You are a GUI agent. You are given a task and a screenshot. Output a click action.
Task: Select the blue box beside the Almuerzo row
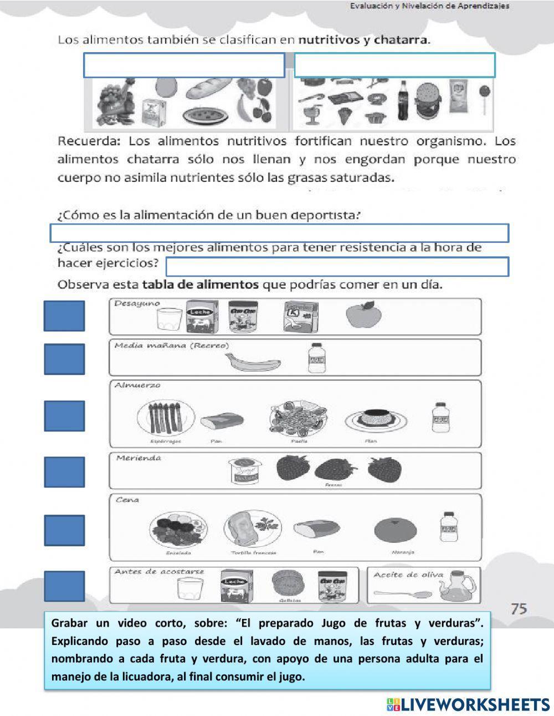(x=64, y=416)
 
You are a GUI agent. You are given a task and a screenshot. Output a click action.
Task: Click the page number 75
(x=519, y=608)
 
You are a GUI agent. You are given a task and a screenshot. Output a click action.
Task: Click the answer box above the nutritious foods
(x=184, y=65)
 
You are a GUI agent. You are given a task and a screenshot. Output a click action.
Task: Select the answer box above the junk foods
(x=394, y=65)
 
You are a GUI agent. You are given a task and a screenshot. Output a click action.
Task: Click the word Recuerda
(x=89, y=141)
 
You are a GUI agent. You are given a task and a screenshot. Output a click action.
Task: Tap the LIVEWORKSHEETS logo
(x=468, y=704)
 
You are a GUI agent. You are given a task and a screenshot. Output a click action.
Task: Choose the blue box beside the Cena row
(x=64, y=530)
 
